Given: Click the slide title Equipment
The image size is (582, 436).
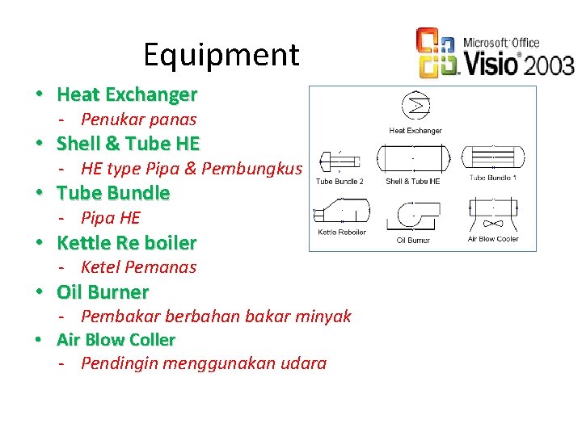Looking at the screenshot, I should pyautogui.click(x=221, y=55).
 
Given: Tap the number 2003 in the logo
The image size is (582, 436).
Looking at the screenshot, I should pyautogui.click(x=548, y=65).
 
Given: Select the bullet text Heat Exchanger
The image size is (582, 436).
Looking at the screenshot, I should pyautogui.click(x=127, y=94).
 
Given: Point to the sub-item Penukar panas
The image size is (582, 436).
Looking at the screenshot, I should pyautogui.click(x=138, y=119).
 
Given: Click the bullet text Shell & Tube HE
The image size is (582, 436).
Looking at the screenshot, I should pyautogui.click(x=128, y=144).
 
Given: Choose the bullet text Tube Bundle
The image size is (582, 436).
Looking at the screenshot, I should pyautogui.click(x=113, y=193).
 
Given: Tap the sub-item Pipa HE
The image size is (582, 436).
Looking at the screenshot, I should pyautogui.click(x=110, y=217).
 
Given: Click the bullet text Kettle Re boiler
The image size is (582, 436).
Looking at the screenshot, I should pyautogui.click(x=126, y=242).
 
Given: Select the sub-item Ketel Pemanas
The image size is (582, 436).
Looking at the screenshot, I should pyautogui.click(x=138, y=266).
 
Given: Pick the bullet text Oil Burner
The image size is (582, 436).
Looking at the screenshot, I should pyautogui.click(x=103, y=291).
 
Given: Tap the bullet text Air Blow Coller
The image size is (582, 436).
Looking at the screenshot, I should pyautogui.click(x=116, y=340).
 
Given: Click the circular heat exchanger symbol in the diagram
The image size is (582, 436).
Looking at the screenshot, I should pyautogui.click(x=415, y=106).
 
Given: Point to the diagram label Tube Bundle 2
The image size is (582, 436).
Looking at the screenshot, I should pyautogui.click(x=339, y=182).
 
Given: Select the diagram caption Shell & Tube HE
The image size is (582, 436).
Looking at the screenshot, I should pyautogui.click(x=413, y=182).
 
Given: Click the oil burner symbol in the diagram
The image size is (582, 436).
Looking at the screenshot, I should pyautogui.click(x=414, y=217).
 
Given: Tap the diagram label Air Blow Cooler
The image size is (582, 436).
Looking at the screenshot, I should pyautogui.click(x=493, y=239).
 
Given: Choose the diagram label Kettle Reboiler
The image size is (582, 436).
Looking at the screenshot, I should pyautogui.click(x=342, y=233).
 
